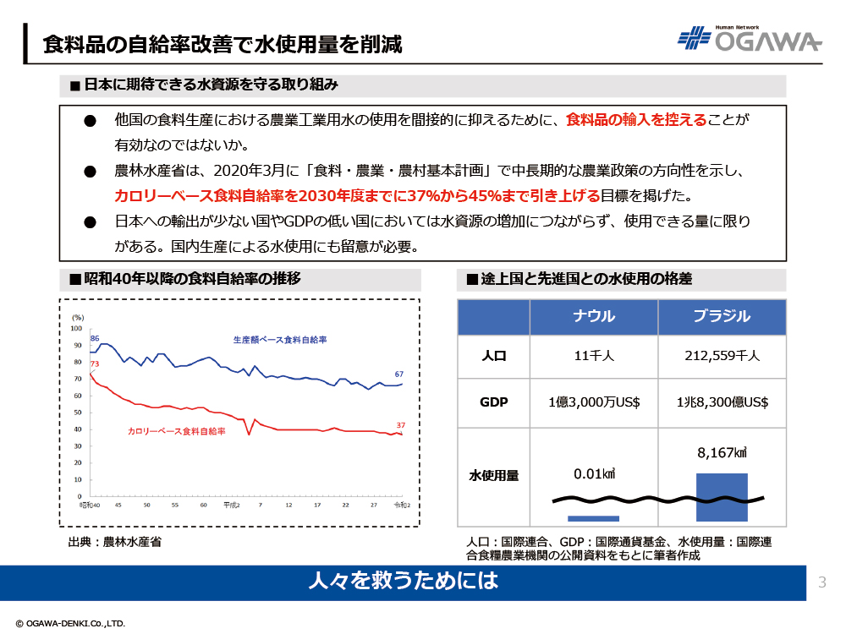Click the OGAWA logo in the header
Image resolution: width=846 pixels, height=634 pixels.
coord(749,39)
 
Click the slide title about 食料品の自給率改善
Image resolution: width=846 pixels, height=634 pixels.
coord(222,43)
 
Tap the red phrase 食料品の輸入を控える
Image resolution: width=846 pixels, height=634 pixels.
coord(635,120)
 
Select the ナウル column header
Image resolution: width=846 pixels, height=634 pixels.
coord(594,317)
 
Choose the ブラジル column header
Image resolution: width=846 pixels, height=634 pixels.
coord(722,317)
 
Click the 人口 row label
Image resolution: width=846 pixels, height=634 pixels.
coord(493,356)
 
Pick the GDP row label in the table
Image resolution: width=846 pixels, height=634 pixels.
coord(493,402)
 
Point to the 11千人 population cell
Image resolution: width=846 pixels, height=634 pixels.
coord(594,356)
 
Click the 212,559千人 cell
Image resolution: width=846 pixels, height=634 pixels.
coord(722,356)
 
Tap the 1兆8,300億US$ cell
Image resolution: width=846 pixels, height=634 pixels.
coord(722,402)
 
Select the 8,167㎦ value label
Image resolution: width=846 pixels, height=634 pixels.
coord(722,454)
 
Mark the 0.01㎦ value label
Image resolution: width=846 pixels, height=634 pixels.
coord(594,473)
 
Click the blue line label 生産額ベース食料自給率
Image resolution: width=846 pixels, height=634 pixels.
coord(279,340)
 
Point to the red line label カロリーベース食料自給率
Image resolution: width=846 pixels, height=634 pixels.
coord(177,431)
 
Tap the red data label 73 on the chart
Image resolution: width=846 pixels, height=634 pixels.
coord(95,364)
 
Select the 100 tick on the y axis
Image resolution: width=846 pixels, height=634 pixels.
coord(76,328)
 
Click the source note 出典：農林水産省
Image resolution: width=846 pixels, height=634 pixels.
coord(114,542)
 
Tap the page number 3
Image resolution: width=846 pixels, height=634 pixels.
coord(822,582)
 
